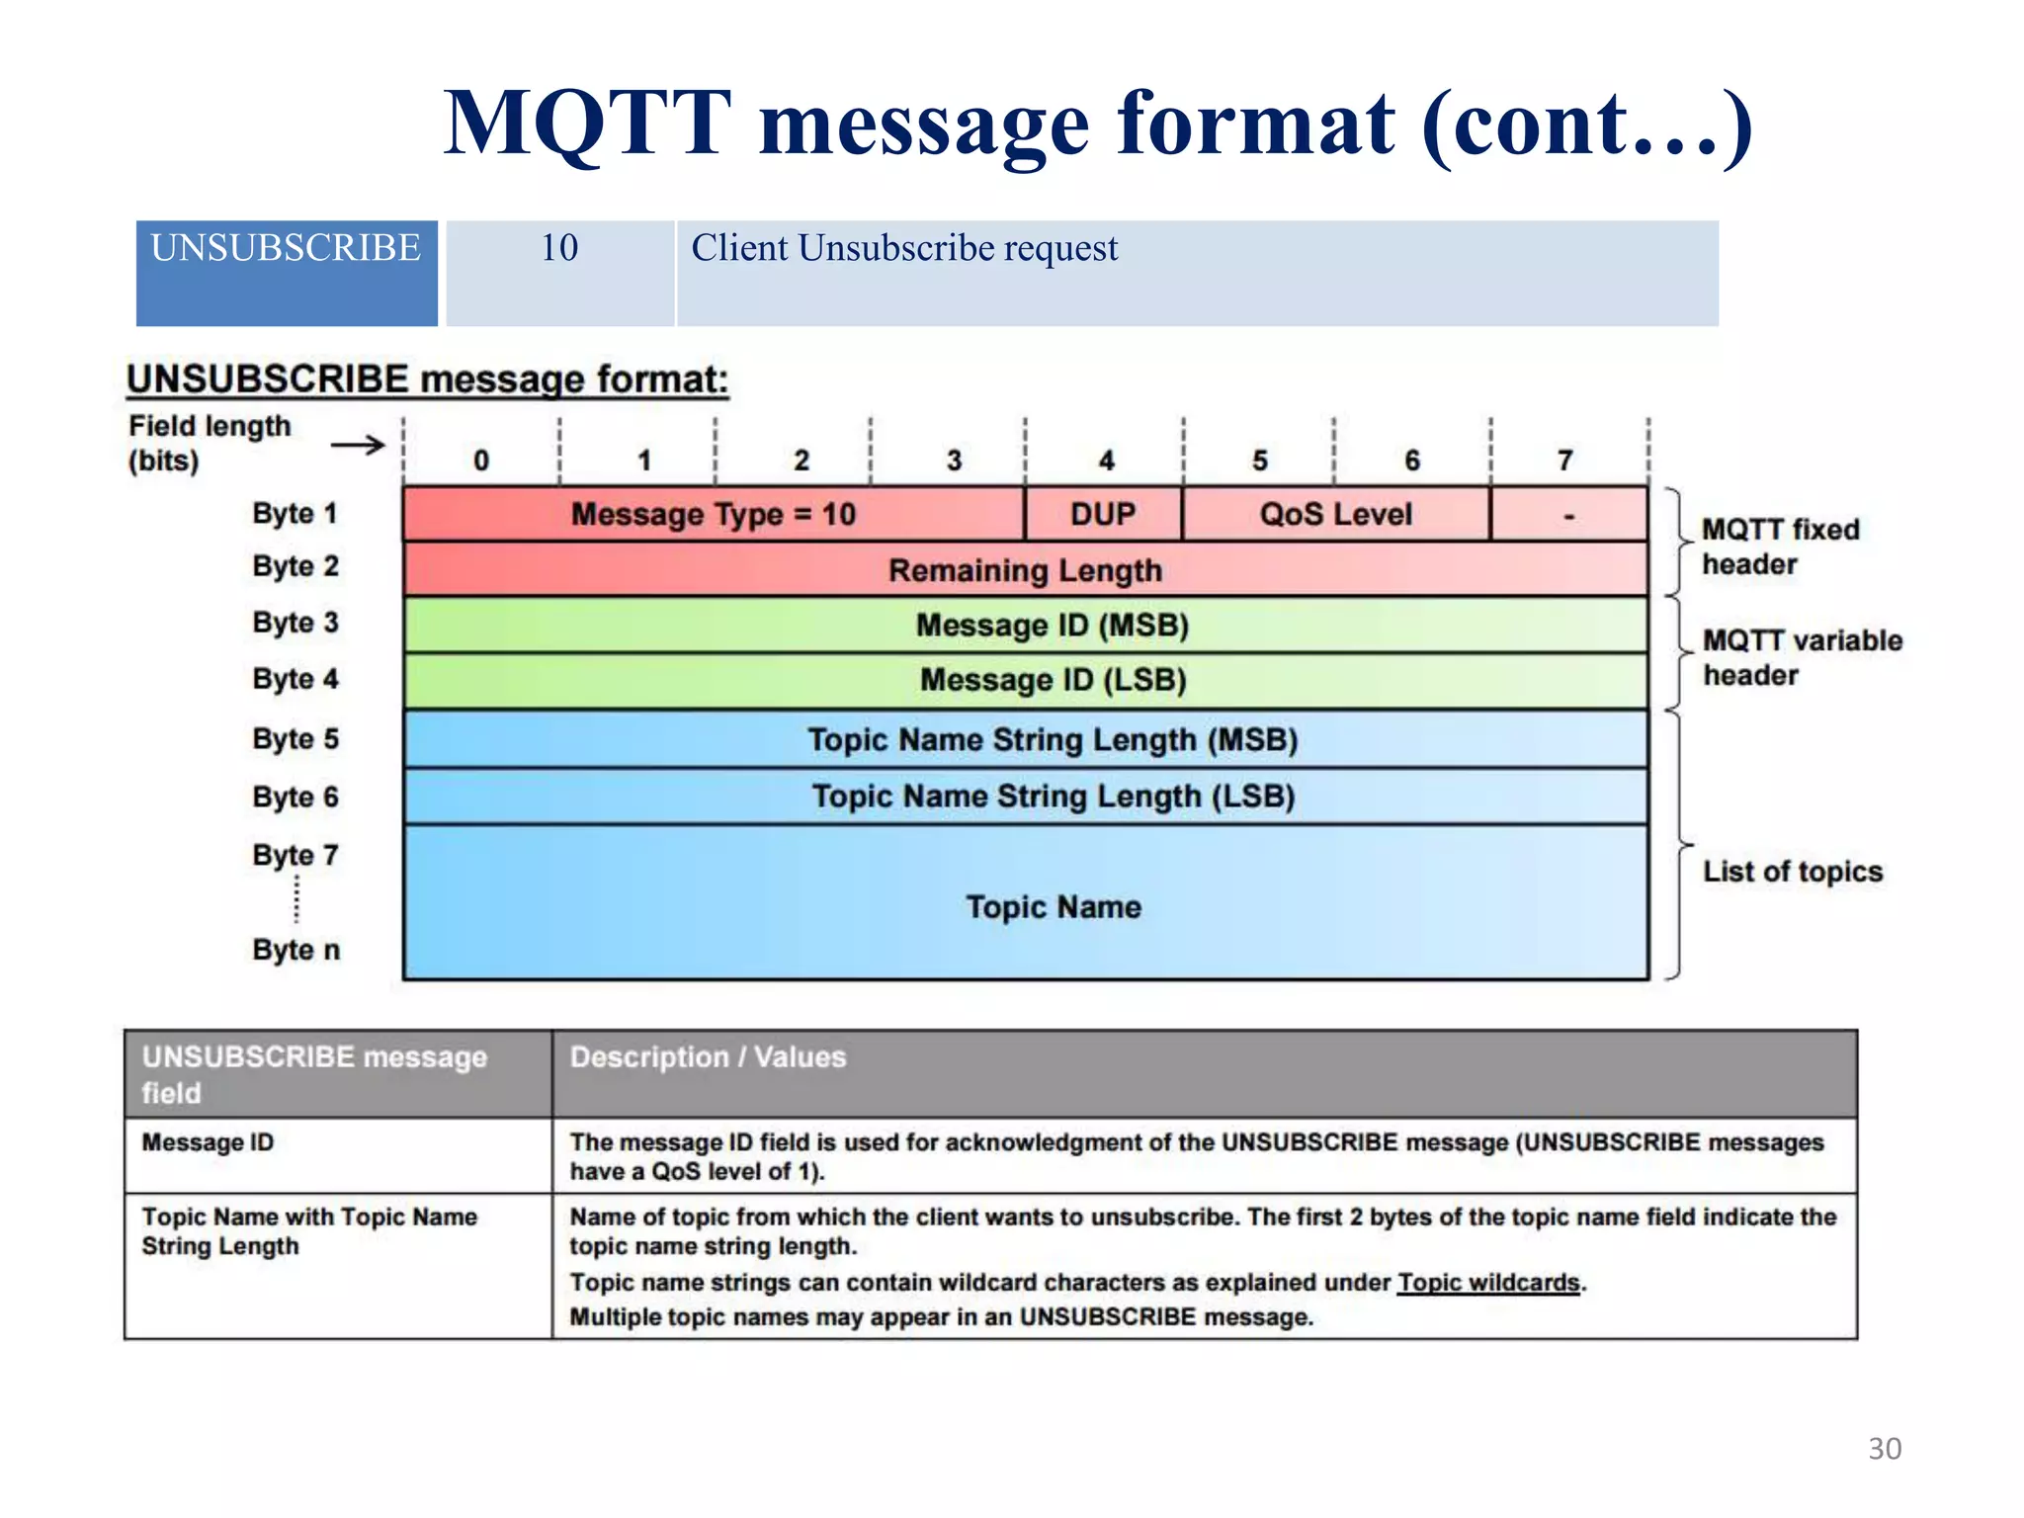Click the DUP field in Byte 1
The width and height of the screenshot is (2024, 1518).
(1103, 514)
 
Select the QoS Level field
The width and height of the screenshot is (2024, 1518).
(1335, 514)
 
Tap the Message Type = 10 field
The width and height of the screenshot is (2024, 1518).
(713, 514)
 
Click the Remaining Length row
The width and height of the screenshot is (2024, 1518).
(1025, 570)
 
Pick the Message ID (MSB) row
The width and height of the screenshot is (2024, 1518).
(1052, 626)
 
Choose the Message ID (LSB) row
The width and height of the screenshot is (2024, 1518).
(1053, 680)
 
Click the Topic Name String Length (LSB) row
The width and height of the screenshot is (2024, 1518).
(1053, 797)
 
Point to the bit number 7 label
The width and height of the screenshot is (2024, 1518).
(1564, 461)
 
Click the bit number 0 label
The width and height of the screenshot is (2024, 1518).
(481, 461)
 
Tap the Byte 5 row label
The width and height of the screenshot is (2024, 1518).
(295, 739)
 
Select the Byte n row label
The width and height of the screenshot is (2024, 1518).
(295, 950)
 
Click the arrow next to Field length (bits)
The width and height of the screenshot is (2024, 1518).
(358, 445)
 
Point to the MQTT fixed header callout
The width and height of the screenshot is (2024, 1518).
(1780, 547)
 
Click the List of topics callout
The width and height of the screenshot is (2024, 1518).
(1793, 872)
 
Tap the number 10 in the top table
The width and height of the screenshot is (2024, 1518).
(559, 248)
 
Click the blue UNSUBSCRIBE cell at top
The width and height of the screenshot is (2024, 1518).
(286, 272)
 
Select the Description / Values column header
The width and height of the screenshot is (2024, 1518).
(708, 1057)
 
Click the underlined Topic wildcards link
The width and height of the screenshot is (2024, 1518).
(1488, 1283)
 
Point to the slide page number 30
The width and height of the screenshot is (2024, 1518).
(1885, 1449)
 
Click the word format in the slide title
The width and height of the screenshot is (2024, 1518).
(1256, 125)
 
